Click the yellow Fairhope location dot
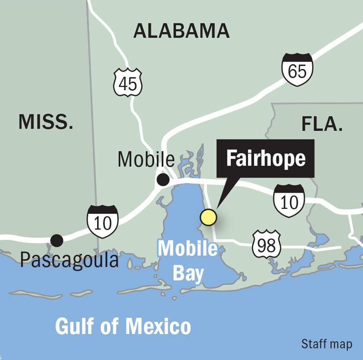point(209,217)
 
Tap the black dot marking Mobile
point(162,180)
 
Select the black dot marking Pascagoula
point(57,240)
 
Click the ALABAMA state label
point(181,31)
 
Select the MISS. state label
point(45,122)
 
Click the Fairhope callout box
point(265,159)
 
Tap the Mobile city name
point(146,159)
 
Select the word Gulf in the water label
point(78,326)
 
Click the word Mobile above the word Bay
point(187,248)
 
